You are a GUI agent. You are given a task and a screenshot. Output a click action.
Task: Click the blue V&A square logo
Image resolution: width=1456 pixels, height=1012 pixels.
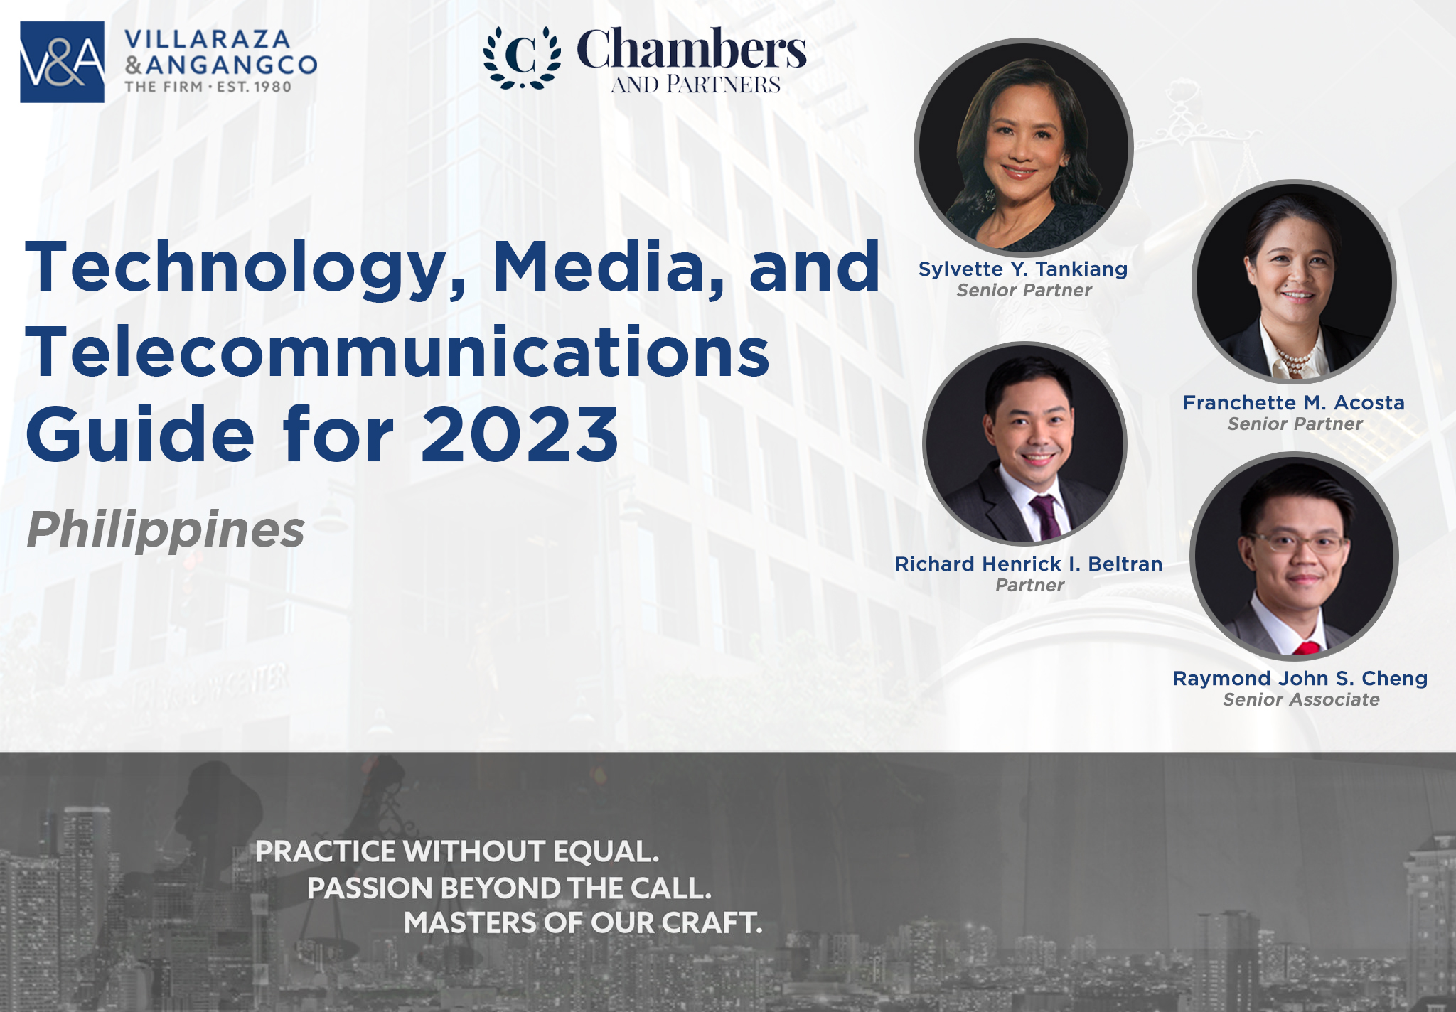[x=63, y=62]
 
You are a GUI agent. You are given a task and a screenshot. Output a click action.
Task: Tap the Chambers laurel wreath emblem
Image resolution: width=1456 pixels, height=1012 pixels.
[x=522, y=58]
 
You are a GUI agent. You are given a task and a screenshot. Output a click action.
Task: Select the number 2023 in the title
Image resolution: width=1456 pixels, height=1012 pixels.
[x=520, y=434]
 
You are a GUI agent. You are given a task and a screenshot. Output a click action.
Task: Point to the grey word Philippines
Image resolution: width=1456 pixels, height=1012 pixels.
[x=166, y=529]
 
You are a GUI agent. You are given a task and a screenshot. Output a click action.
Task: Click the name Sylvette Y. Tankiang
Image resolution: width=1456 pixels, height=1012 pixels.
[x=1023, y=269]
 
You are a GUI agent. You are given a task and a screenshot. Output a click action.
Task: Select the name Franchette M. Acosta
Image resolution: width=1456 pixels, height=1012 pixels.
[x=1294, y=403]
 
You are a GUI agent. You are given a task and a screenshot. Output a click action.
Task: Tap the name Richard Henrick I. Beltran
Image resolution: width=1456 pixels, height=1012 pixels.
[x=1029, y=564]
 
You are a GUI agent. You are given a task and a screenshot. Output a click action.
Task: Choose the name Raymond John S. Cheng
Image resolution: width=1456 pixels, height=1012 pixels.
[x=1300, y=679]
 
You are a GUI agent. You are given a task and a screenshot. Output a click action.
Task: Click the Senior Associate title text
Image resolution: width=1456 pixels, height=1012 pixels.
[x=1301, y=700]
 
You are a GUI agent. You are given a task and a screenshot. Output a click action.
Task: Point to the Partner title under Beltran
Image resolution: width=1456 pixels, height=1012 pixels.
[x=1029, y=586]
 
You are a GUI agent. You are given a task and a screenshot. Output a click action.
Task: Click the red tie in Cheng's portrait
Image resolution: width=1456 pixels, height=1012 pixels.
[x=1306, y=647]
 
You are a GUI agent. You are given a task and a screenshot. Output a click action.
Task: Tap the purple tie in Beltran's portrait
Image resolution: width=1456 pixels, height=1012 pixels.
[x=1044, y=517]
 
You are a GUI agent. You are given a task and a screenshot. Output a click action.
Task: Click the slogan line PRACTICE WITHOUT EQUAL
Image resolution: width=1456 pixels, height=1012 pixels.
[x=457, y=851]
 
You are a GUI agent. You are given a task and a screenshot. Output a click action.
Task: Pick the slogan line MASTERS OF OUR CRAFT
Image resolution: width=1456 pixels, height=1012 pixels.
[x=583, y=922]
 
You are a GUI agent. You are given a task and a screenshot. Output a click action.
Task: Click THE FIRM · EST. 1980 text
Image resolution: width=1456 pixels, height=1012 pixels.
[x=208, y=87]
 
